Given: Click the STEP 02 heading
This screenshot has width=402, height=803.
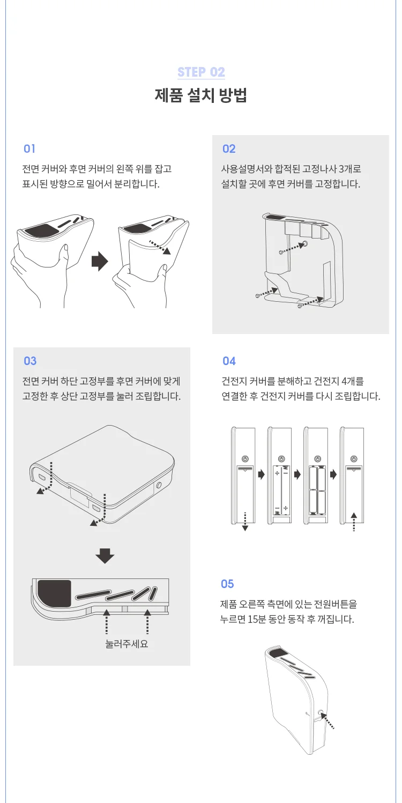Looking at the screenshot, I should coord(201,72).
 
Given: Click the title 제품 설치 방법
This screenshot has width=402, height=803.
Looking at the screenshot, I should coord(201,96).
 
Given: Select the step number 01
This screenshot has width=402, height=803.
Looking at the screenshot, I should coord(29,148).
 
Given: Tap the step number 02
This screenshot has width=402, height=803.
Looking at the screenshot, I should coord(229,148).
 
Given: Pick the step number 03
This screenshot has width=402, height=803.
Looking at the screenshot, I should coord(30,361).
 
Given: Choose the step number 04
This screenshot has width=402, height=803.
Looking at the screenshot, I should coord(229,361).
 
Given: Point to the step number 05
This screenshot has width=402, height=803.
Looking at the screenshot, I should coord(228,584).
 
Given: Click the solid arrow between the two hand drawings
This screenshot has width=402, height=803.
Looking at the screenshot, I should coord(100,262).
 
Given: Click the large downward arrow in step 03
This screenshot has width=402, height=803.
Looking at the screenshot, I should coord(105,556).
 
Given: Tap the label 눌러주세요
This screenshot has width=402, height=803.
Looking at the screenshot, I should coord(126,643).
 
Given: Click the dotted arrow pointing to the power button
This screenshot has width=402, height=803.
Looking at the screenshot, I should coord(330,721).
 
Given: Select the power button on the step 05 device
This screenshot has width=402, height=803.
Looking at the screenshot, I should coord(321,713).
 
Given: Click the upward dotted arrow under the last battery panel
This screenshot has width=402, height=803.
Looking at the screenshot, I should coord(354,521).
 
